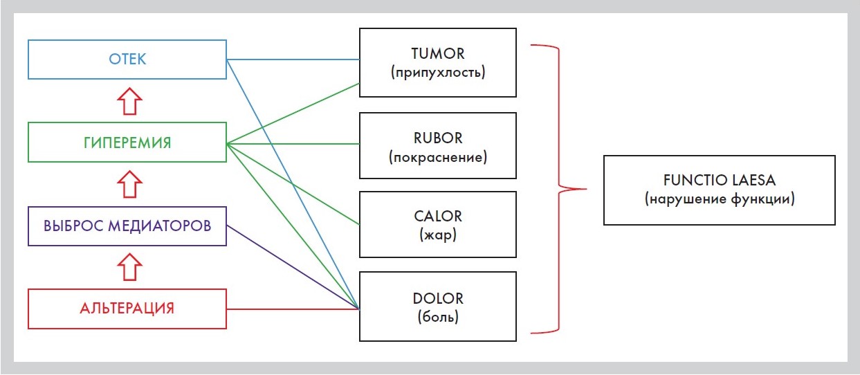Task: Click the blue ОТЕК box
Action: [127, 59]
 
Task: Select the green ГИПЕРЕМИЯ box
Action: [127, 143]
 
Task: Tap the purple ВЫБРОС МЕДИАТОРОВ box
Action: [127, 226]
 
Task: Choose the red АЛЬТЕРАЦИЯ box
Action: [127, 309]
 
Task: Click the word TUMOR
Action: [437, 54]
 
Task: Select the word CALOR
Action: [437, 217]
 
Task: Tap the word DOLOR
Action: [437, 299]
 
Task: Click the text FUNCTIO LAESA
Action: [719, 181]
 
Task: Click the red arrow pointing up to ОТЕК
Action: [127, 101]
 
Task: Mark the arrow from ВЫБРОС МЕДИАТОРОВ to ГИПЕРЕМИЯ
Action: [127, 184]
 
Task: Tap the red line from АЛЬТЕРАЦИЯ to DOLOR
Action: [291, 309]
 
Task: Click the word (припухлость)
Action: [437, 72]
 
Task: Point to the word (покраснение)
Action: [437, 157]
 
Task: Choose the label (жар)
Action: [437, 235]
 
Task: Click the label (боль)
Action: [437, 318]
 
